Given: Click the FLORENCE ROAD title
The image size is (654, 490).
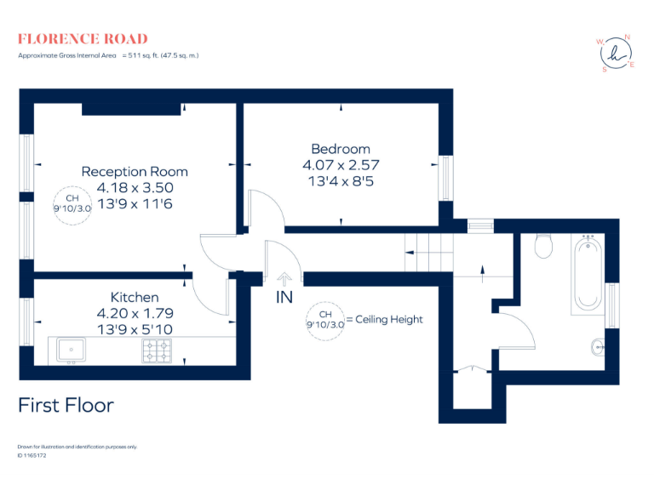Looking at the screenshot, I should click(83, 39).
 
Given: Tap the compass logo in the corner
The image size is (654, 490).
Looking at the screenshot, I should click(615, 54).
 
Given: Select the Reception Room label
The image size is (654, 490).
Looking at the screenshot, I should click(135, 172).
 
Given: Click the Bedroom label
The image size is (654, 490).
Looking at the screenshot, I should click(341, 149).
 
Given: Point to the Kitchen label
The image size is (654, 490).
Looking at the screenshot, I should click(135, 297).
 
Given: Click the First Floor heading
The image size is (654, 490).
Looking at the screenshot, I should click(66, 405).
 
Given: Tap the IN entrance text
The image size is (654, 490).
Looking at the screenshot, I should click(284, 299).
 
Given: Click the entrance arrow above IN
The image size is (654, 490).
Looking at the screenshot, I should click(284, 279).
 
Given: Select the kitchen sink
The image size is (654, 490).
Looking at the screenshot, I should click(71, 349).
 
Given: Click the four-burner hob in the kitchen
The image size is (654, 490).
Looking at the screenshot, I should click(157, 349).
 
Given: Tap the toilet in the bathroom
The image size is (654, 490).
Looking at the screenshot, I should click(543, 247).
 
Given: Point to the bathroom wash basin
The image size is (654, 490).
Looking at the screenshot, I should click(599, 345).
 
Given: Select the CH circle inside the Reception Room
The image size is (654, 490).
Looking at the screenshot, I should click(72, 204).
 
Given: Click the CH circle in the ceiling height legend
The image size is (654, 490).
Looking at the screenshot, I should click(324, 320).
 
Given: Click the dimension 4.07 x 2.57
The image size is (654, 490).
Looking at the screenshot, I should click(341, 164).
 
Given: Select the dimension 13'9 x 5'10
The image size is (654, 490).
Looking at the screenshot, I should click(135, 328).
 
